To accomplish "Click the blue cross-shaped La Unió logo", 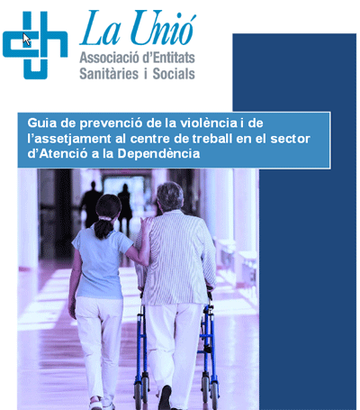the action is click(35, 45).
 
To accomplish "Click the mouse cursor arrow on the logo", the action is click(26, 40).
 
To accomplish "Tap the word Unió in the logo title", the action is click(163, 28).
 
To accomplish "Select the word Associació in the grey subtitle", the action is click(109, 57).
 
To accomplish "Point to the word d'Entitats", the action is click(168, 57).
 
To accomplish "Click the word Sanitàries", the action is click(109, 74).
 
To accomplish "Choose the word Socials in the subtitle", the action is click(174, 74).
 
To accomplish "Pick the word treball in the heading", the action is click(212, 139).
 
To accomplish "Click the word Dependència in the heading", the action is click(158, 154).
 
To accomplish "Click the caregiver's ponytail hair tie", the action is click(104, 218).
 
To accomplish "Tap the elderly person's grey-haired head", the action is click(170, 196).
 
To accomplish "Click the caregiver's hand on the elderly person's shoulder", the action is click(147, 224).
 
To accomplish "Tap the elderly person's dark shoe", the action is click(165, 397).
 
